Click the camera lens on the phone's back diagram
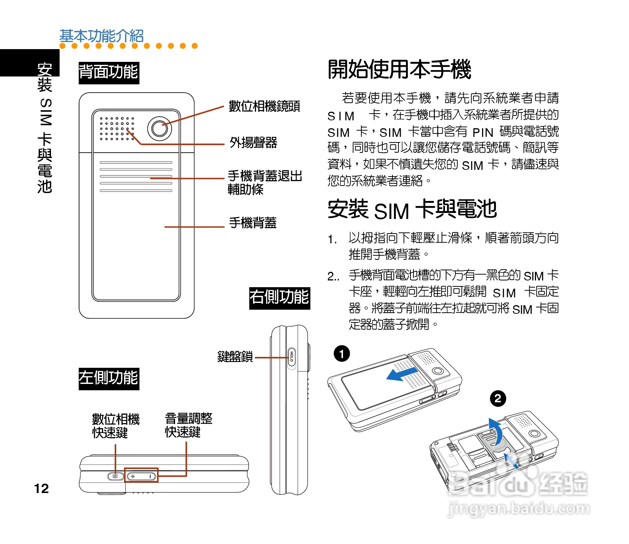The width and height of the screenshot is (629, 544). [x=160, y=129]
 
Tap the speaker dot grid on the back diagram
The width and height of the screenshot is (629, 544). [x=117, y=129]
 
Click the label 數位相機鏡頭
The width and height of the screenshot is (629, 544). [x=264, y=106]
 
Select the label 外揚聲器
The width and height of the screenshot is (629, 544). [x=253, y=142]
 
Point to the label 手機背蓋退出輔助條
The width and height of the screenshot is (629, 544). [x=265, y=182]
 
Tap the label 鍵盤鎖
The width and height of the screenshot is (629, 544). [x=235, y=357]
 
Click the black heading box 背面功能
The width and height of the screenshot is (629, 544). [x=109, y=72]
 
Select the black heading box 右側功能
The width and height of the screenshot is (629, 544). [x=280, y=298]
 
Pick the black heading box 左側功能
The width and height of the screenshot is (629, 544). [x=109, y=378]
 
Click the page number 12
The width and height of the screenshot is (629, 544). [x=41, y=488]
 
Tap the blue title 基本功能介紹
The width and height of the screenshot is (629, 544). [x=102, y=36]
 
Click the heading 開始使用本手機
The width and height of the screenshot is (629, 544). [x=399, y=69]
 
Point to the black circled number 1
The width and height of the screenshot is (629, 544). [x=341, y=354]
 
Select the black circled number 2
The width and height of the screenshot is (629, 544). [x=498, y=398]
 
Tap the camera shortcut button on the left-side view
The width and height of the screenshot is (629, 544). [x=115, y=476]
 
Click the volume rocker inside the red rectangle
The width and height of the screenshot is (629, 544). [x=141, y=476]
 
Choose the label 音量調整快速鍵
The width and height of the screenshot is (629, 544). [x=189, y=425]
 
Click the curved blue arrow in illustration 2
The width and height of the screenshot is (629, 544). [x=497, y=431]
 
